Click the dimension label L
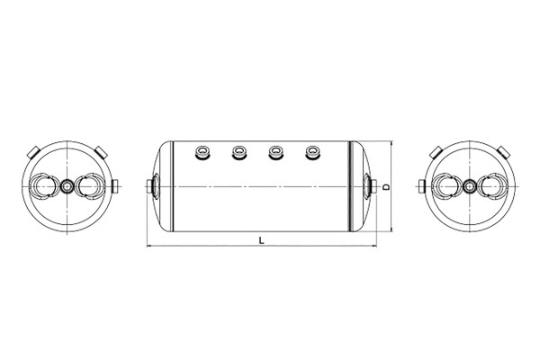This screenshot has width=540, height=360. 261,240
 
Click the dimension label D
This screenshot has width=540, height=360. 386,186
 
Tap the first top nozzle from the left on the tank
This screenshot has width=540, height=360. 202,153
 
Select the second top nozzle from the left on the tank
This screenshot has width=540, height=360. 239,153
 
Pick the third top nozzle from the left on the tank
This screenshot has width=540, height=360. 276,153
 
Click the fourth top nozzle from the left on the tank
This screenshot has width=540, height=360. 312,153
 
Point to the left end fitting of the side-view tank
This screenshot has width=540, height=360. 153,186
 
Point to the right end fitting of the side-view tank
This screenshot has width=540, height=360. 370,186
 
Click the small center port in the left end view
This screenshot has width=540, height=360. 67,186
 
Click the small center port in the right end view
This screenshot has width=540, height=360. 468,186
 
